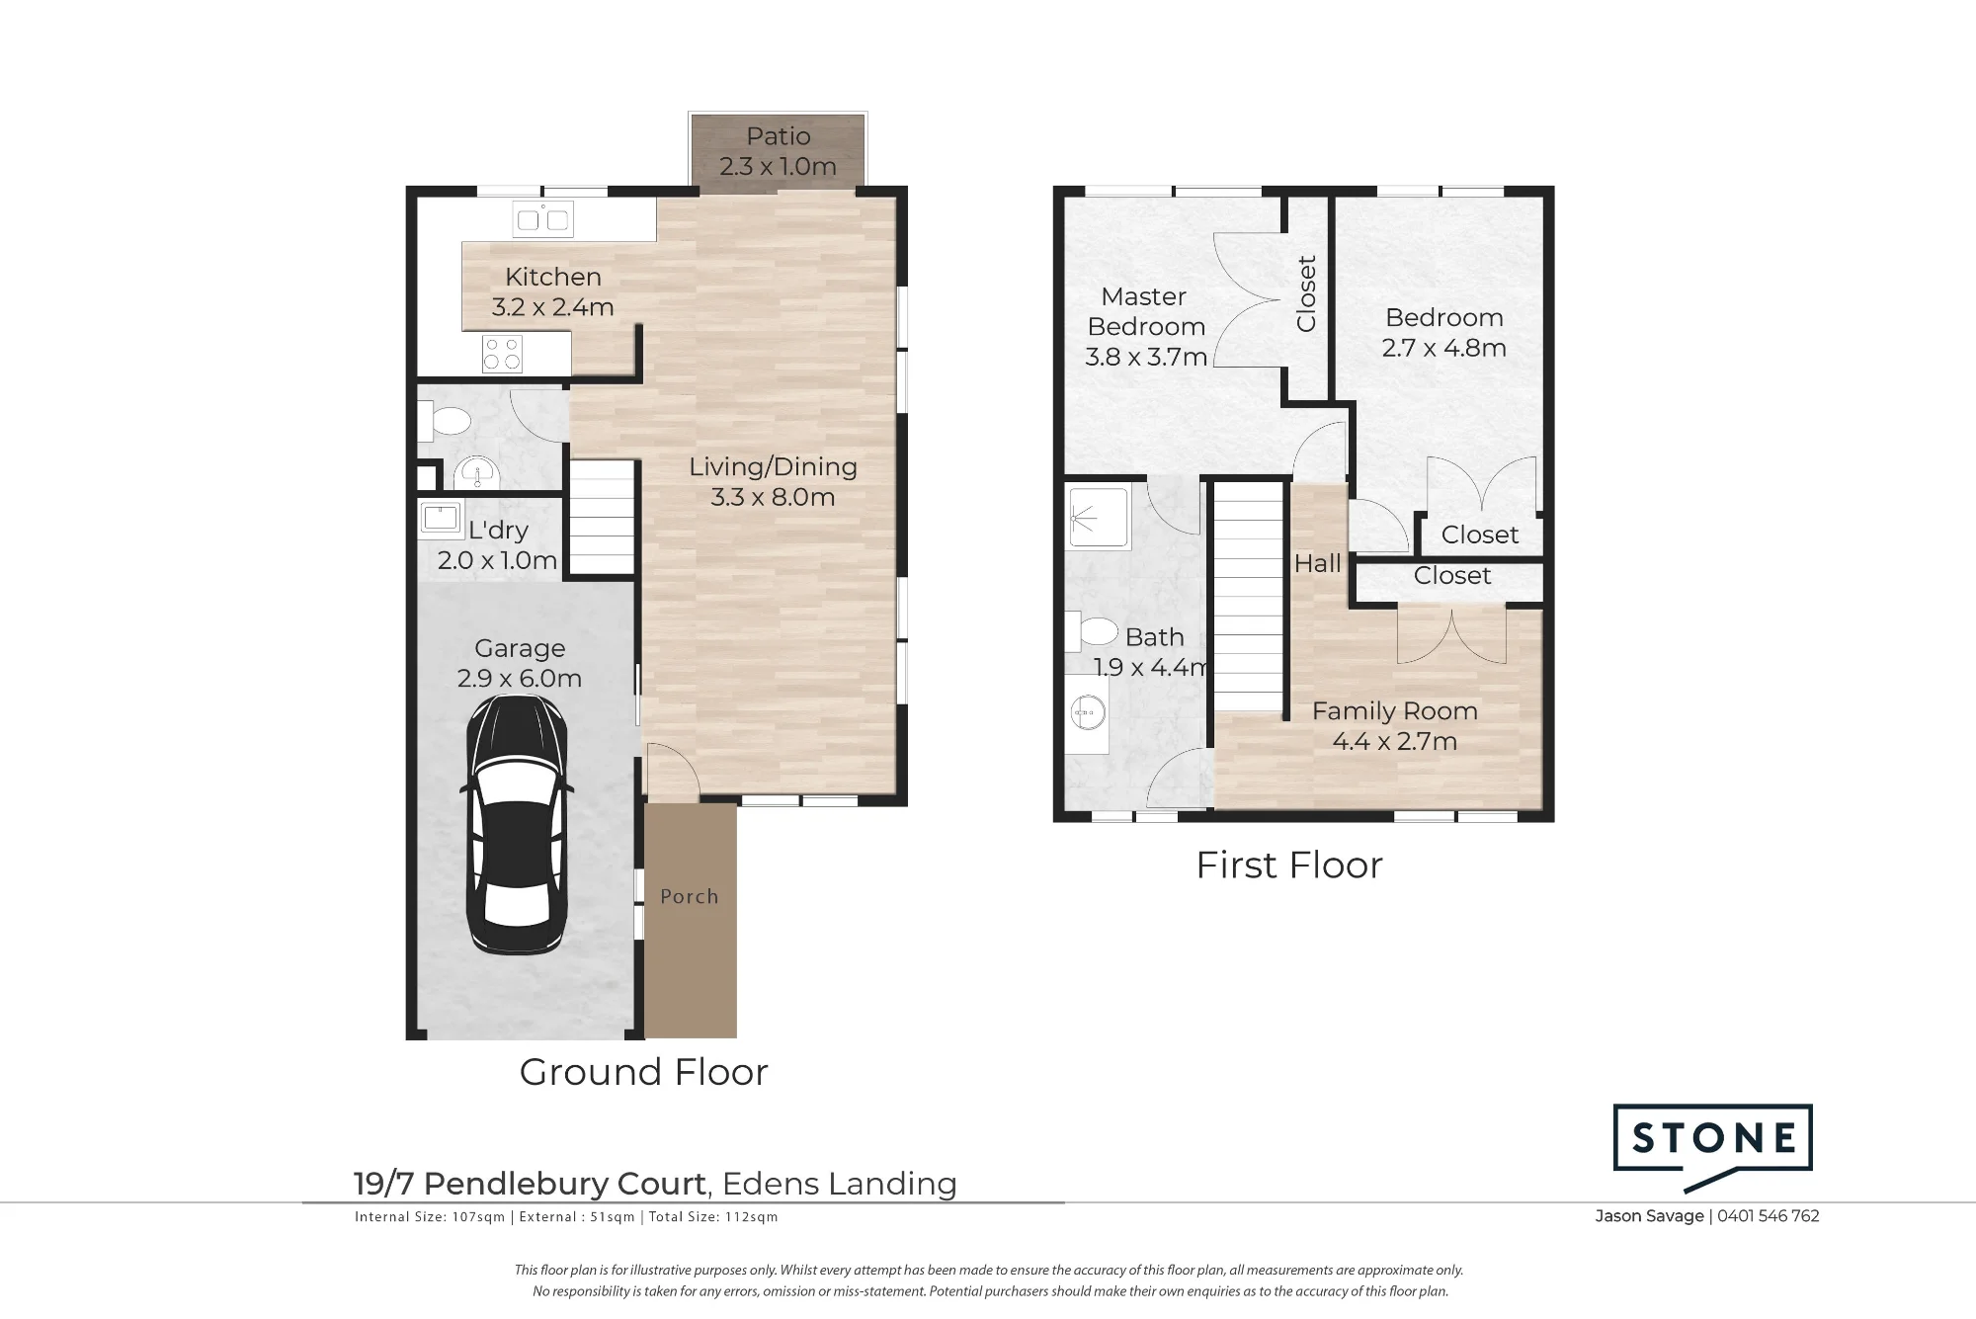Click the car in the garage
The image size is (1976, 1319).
(517, 826)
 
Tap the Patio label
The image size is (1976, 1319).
(779, 136)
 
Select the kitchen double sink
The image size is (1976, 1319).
(543, 219)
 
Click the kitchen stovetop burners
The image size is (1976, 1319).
(502, 354)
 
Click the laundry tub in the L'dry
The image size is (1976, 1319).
(440, 518)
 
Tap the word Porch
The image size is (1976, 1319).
(690, 896)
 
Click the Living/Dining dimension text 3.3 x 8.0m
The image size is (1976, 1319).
(773, 497)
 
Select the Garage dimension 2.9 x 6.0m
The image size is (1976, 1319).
(520, 679)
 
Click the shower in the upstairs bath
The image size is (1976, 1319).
(1099, 517)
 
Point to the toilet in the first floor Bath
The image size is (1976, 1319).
(1089, 631)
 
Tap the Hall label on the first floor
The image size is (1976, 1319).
(1318, 563)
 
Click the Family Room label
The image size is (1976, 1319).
(1395, 711)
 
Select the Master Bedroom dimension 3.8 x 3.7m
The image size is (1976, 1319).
(1146, 357)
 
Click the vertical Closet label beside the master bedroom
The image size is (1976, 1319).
(1306, 293)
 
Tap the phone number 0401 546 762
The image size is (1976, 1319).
(1769, 1216)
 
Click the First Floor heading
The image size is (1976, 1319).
(1289, 866)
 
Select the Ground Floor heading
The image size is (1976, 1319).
(644, 1072)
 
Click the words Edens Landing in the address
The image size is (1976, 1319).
(840, 1184)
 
